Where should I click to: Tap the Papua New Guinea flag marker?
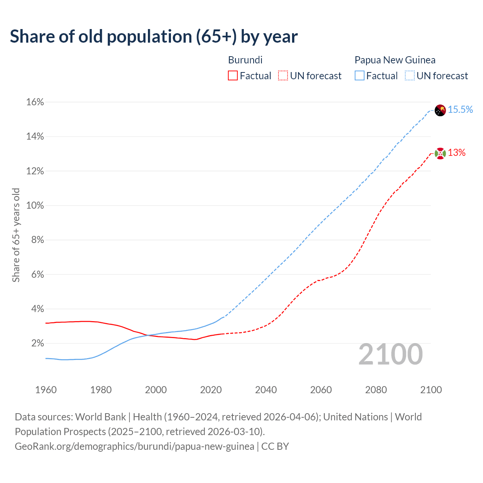pyautogui.click(x=440, y=110)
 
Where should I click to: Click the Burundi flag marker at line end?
pyautogui.click(x=440, y=154)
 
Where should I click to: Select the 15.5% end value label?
pyautogui.click(x=460, y=110)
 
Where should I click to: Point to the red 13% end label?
pyautogui.click(x=457, y=153)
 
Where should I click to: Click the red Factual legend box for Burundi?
pyautogui.click(x=233, y=76)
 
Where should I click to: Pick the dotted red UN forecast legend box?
pyautogui.click(x=283, y=76)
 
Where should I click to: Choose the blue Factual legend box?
pyautogui.click(x=360, y=76)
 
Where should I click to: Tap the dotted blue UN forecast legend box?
pyautogui.click(x=410, y=76)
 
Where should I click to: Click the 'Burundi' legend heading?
pyautogui.click(x=245, y=60)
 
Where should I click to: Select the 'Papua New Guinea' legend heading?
pyautogui.click(x=395, y=60)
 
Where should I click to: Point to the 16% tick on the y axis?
pyautogui.click(x=35, y=102)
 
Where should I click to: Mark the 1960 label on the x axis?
pyautogui.click(x=46, y=390)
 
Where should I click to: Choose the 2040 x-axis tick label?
pyautogui.click(x=266, y=390)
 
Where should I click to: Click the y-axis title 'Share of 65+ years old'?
pyautogui.click(x=16, y=235)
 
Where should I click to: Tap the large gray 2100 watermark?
pyautogui.click(x=391, y=354)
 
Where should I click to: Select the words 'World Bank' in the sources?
pyautogui.click(x=100, y=417)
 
